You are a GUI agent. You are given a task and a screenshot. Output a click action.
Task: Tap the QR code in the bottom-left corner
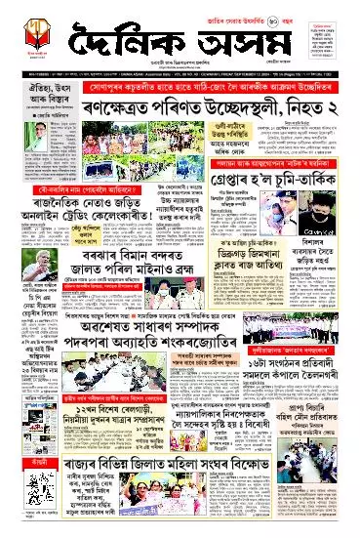21,517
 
